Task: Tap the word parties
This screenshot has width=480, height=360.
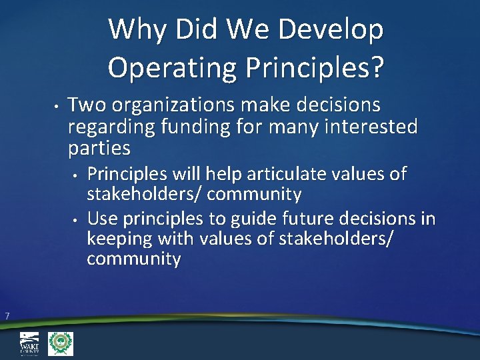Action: pyautogui.click(x=99, y=146)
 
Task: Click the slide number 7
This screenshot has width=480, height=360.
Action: pyautogui.click(x=6, y=316)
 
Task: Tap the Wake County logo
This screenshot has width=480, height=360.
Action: pyautogui.click(x=29, y=344)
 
